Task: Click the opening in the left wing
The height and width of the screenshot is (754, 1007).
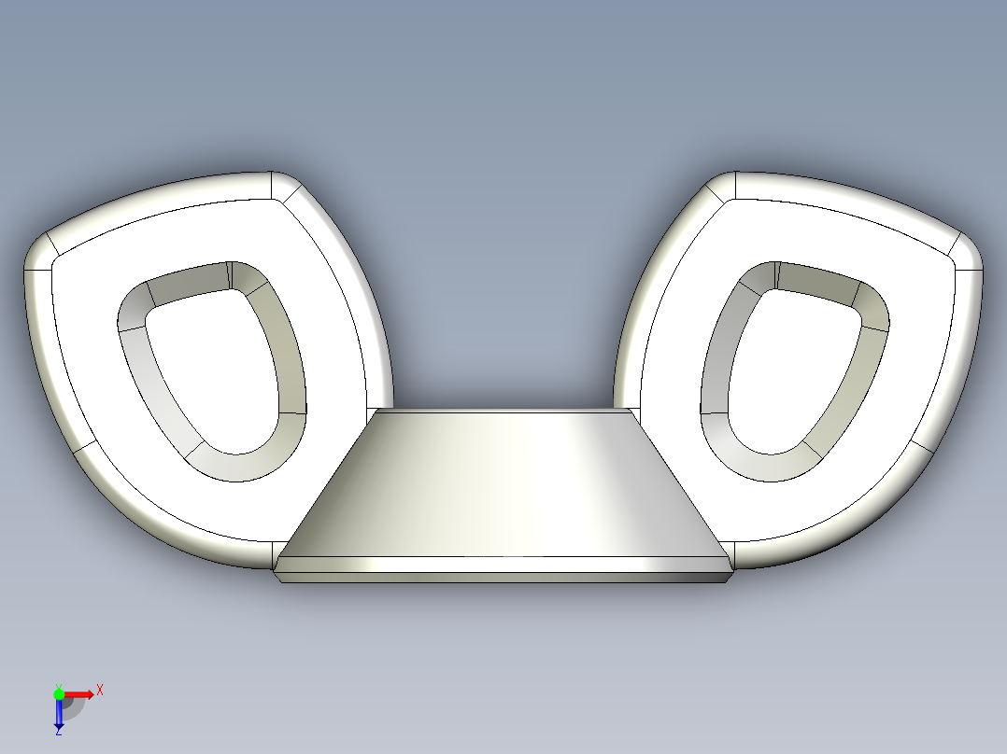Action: click(210, 373)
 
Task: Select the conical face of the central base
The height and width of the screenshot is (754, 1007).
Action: click(504, 485)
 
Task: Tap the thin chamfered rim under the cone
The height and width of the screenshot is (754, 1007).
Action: click(504, 565)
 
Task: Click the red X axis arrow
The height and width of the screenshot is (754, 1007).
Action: click(80, 693)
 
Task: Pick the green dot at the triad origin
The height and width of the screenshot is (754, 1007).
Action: click(59, 693)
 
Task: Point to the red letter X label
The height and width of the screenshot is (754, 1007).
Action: click(100, 691)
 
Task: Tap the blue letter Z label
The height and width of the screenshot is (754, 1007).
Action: click(58, 733)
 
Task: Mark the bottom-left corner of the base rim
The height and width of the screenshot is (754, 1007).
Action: click(278, 578)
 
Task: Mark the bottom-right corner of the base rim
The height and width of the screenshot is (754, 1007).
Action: click(727, 578)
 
